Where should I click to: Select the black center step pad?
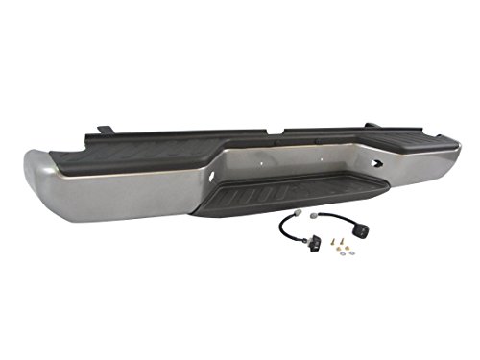point(289,197)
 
